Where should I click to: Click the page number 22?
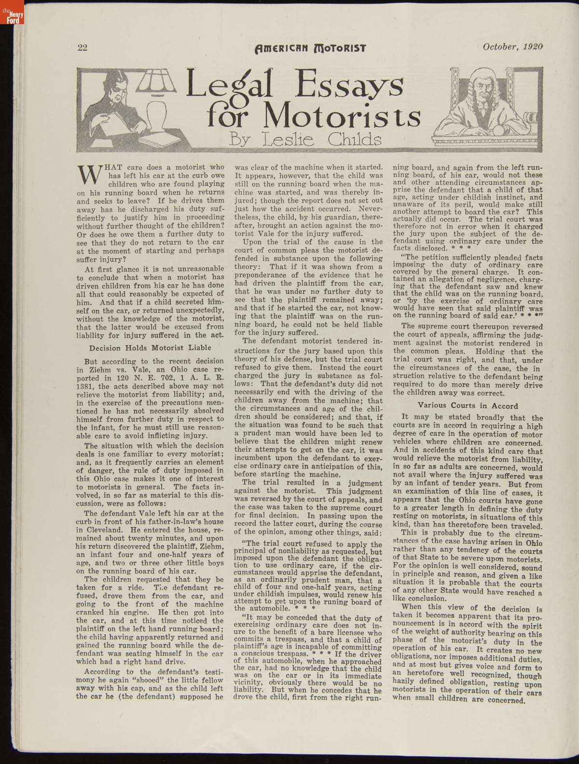coord(82,48)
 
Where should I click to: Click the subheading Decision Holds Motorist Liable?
coord(151,347)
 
